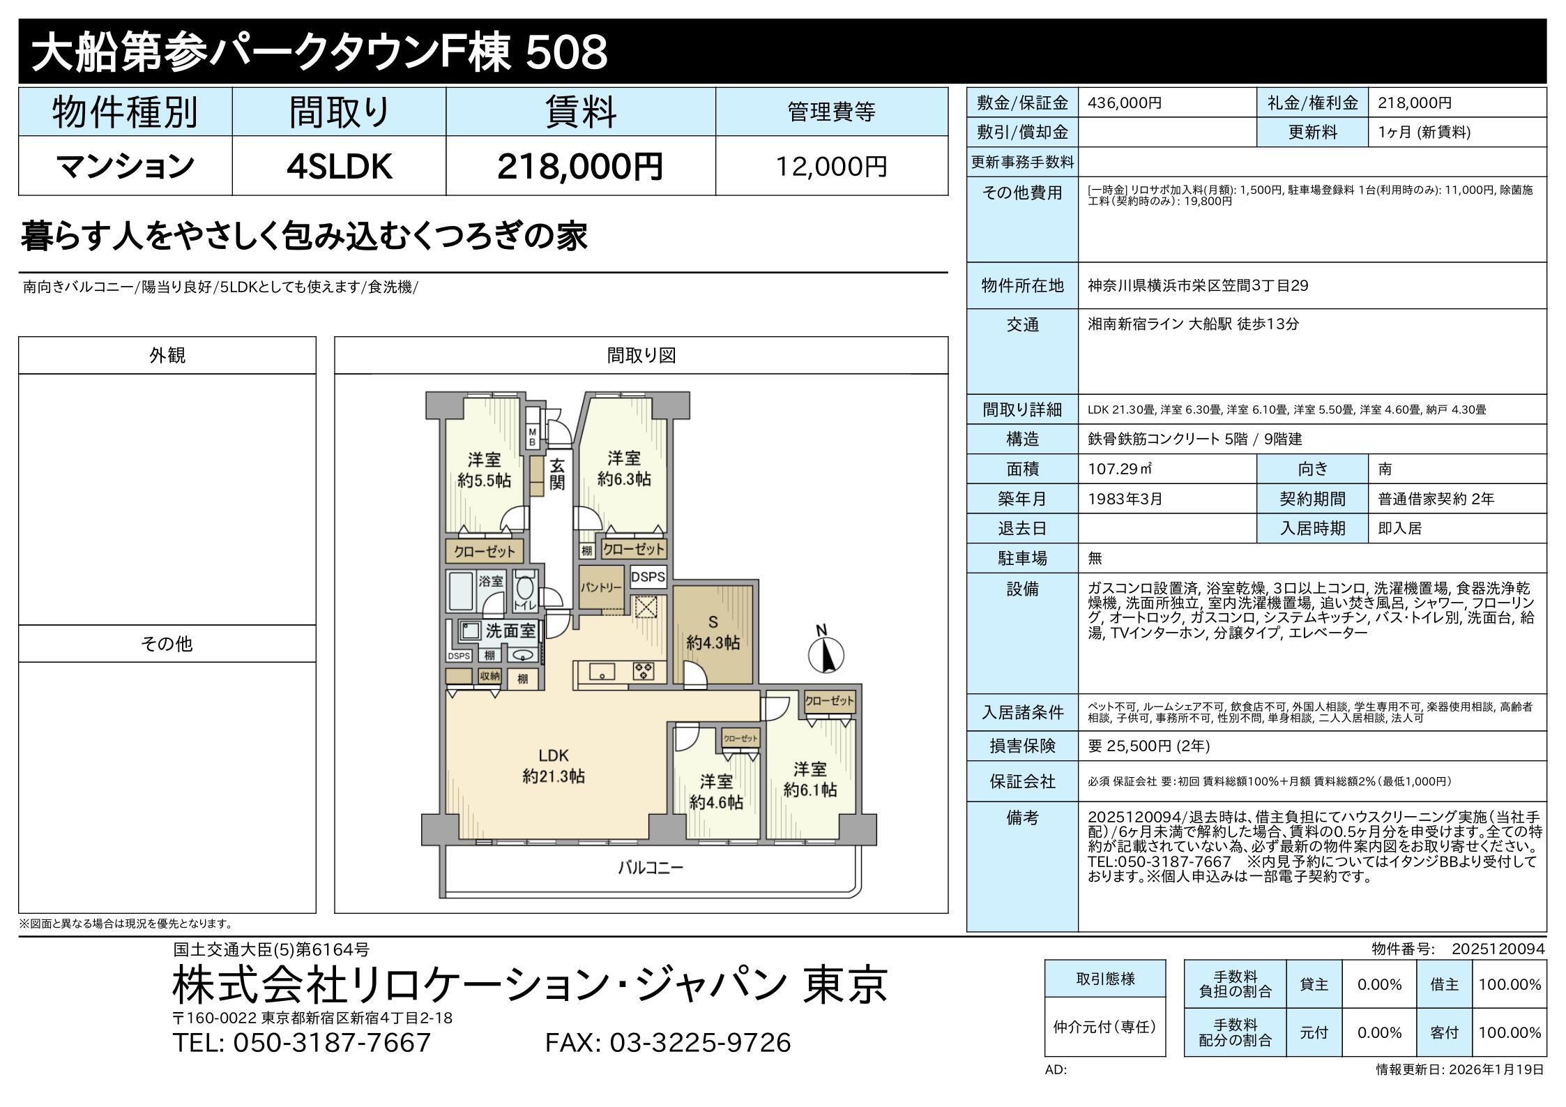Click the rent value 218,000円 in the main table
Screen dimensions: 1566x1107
(x=580, y=167)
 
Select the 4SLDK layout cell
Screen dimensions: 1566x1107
(x=340, y=167)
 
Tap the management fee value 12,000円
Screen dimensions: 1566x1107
(x=832, y=167)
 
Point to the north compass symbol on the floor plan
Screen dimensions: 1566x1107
(x=826, y=649)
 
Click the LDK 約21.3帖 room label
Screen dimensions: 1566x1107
(x=554, y=765)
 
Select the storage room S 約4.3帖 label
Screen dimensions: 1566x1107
(x=713, y=632)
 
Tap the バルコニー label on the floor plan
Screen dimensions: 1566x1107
(x=651, y=868)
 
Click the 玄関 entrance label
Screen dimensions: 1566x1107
(x=556, y=474)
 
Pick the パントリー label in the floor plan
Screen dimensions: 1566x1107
(x=601, y=587)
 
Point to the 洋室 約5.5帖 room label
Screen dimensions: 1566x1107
(x=484, y=470)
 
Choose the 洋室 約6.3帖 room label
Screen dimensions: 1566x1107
(x=624, y=468)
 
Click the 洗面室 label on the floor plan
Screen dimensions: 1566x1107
(x=510, y=631)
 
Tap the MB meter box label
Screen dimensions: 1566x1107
(x=532, y=437)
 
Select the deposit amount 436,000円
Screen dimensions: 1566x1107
(x=1125, y=103)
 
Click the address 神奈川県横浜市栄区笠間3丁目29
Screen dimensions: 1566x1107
(x=1198, y=285)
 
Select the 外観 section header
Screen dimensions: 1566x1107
(x=167, y=355)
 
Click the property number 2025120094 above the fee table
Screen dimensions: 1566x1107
(x=1498, y=949)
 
